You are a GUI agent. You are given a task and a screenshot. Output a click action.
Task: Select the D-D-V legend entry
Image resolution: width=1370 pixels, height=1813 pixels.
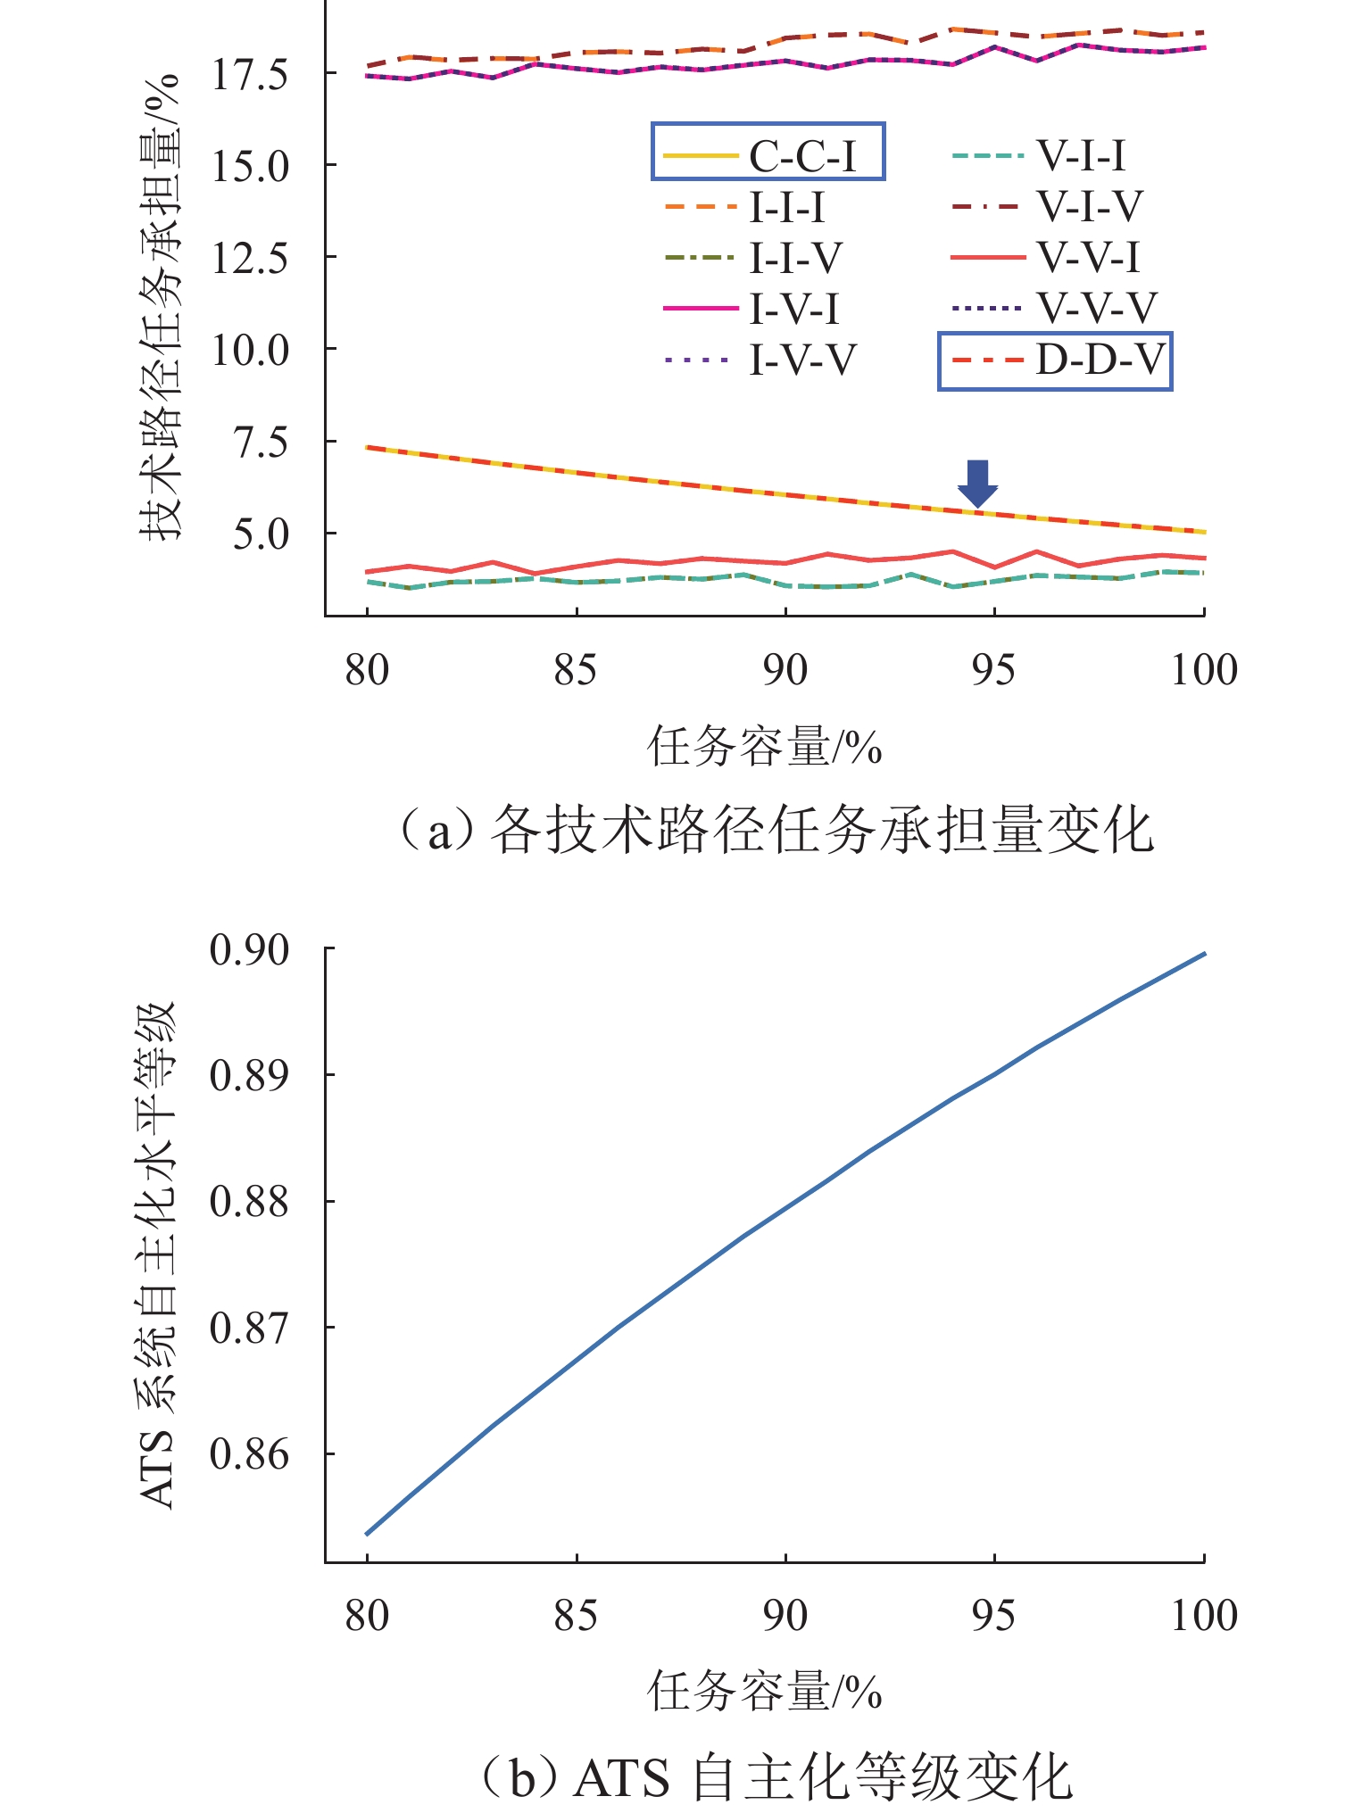pyautogui.click(x=1055, y=361)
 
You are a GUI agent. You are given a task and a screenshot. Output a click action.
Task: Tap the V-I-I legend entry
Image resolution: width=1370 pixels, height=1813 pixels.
pyautogui.click(x=1039, y=156)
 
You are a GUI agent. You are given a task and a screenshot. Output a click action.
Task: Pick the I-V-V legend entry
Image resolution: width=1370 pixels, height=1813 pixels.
pyautogui.click(x=760, y=360)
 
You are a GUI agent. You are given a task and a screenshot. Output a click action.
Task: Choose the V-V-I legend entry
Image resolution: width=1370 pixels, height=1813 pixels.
pyautogui.click(x=1046, y=258)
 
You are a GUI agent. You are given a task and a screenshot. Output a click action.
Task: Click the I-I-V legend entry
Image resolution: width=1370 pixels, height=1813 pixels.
pyautogui.click(x=753, y=259)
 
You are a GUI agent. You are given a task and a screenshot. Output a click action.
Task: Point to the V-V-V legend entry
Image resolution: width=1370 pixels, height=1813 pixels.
pyautogui.click(x=1053, y=309)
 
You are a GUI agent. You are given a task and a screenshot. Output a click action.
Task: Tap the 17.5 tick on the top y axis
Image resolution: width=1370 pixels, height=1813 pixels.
pyautogui.click(x=237, y=74)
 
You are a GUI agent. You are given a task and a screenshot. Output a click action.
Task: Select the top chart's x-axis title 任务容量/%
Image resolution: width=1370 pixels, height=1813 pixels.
pyautogui.click(x=764, y=747)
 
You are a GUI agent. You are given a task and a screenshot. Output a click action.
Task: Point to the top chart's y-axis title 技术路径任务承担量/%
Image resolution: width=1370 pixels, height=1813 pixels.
pyautogui.click(x=161, y=308)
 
